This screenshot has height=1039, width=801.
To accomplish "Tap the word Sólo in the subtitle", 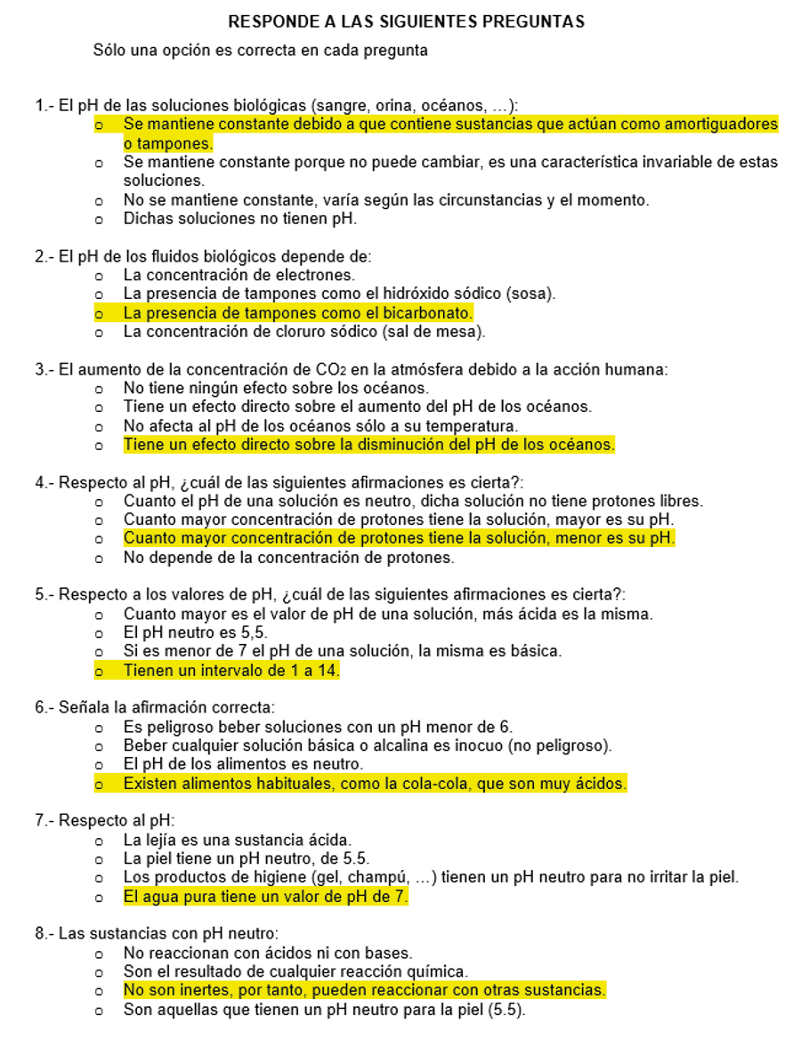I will pyautogui.click(x=109, y=51).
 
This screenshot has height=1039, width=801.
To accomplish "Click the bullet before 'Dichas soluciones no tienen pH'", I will pyautogui.click(x=99, y=218).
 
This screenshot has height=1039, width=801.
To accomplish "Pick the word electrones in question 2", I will pyautogui.click(x=317, y=275).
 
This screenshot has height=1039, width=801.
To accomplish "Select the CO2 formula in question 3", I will pyautogui.click(x=317, y=369).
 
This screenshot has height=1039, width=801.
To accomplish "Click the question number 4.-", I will pyautogui.click(x=44, y=482).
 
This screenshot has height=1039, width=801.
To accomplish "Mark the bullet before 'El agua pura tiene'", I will pyautogui.click(x=99, y=897).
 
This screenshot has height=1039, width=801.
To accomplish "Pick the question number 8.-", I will pyautogui.click(x=44, y=934).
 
